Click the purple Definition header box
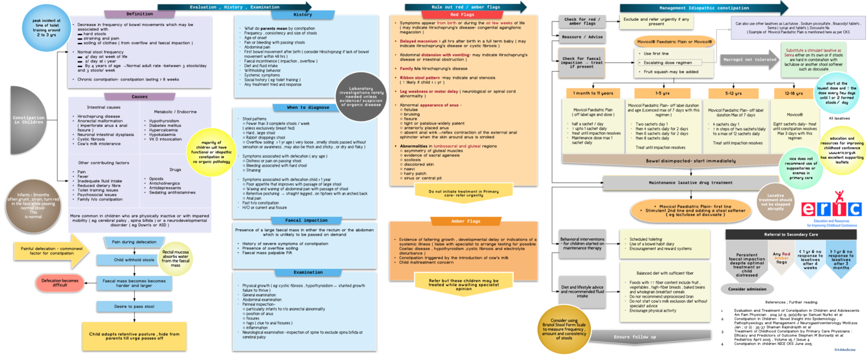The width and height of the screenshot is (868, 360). pyautogui.click(x=140, y=14)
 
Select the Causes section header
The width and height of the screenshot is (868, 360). pyautogui.click(x=139, y=96)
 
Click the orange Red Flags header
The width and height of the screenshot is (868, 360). pyautogui.click(x=462, y=14)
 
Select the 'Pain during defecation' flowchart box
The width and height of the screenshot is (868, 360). pyautogui.click(x=134, y=242)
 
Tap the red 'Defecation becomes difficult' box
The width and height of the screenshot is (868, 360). pyautogui.click(x=60, y=282)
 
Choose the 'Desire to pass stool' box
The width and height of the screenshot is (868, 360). pyautogui.click(x=135, y=306)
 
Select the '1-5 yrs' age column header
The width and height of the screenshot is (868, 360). pyautogui.click(x=663, y=93)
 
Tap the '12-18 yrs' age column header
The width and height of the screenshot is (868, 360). pyautogui.click(x=794, y=93)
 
